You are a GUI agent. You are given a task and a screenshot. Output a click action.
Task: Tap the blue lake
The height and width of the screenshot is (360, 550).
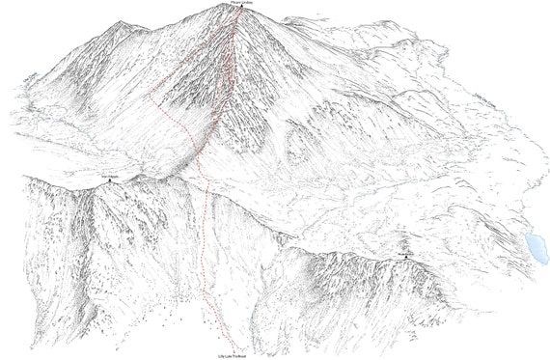click(534, 247)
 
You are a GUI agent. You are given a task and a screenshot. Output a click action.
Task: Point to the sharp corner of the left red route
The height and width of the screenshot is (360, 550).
click(156, 97)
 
